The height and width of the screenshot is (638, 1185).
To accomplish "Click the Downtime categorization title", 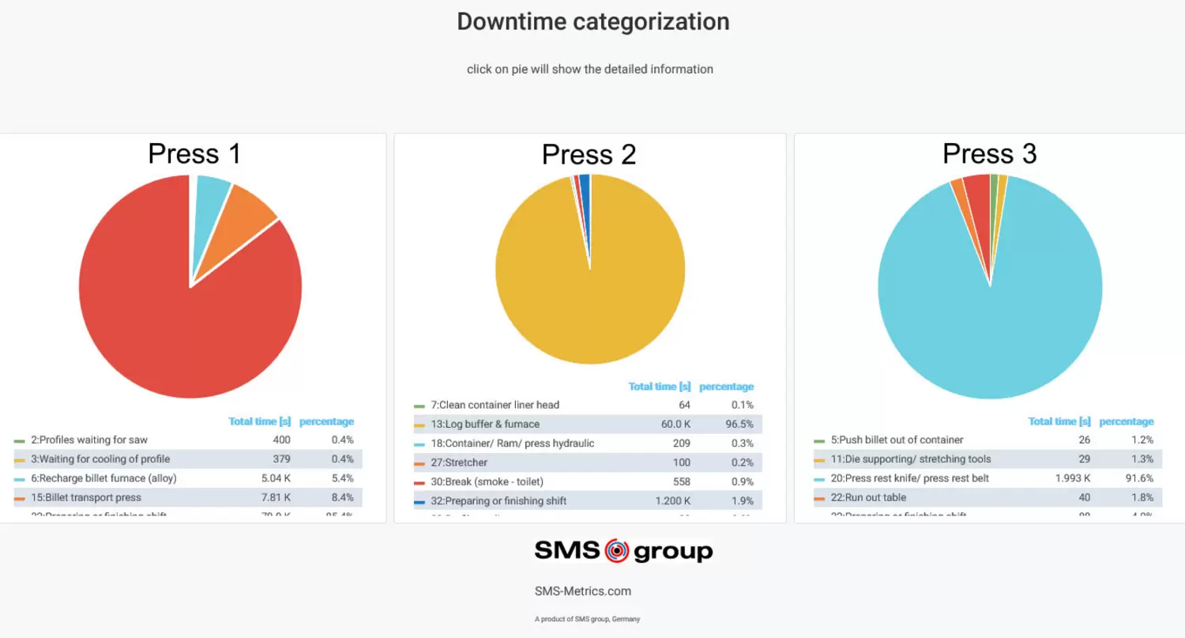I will click(592, 21).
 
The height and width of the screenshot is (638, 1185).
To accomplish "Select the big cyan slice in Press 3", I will click(1003, 308).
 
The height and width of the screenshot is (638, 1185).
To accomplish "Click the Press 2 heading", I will click(589, 154).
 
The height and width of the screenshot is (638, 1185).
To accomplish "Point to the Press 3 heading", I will click(989, 153).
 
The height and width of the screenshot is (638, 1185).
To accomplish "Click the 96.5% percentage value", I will click(739, 425).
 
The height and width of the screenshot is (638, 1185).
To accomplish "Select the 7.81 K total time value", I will click(276, 497).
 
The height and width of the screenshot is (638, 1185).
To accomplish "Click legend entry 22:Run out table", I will click(867, 497).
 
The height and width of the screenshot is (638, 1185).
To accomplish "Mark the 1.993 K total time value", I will click(1073, 478).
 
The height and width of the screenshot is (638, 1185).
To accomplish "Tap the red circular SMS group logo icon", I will click(616, 551).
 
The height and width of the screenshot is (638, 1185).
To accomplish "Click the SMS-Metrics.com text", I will click(583, 591).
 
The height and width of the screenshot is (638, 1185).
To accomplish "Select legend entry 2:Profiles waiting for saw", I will click(89, 440).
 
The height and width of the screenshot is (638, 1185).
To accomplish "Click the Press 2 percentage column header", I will click(726, 387).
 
